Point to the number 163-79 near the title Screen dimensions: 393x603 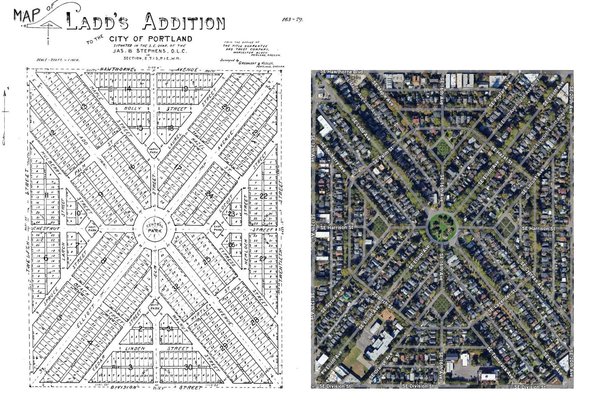point(292,19)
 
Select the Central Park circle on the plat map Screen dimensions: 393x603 point(155,228)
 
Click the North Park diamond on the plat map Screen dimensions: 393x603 point(154,150)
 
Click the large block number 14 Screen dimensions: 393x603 point(128,89)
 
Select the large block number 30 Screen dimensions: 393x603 point(188,367)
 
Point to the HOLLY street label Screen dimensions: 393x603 point(132,108)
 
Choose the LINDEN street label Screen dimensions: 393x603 point(135,348)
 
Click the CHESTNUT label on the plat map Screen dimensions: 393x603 point(46,228)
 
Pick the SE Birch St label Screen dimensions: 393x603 point(382,300)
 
